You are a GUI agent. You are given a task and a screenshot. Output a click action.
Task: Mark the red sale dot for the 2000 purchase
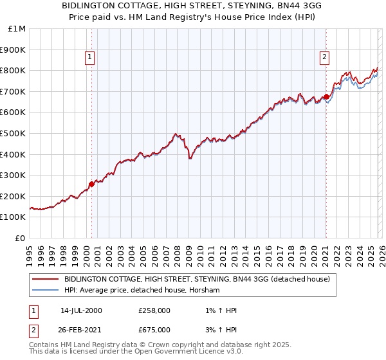coord(91,184)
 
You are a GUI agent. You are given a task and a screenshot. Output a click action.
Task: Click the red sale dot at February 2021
coord(326,96)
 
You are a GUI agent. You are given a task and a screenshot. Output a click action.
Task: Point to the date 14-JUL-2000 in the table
coord(81,310)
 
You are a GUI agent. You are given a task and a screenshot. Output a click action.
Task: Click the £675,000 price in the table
coord(155,329)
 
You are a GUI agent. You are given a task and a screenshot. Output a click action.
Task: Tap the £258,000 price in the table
coord(155,310)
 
